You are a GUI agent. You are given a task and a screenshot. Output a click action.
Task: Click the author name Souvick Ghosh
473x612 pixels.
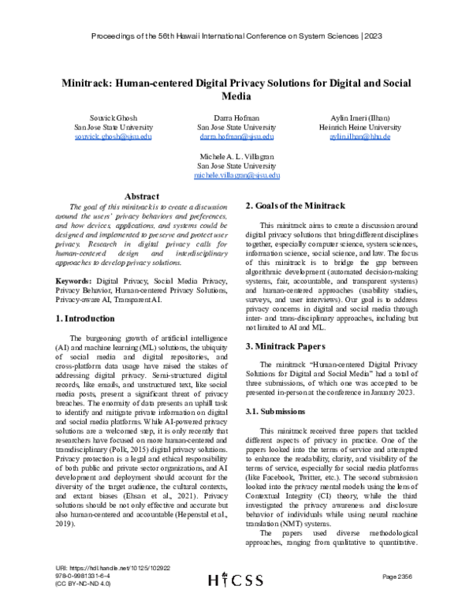pos(102,118)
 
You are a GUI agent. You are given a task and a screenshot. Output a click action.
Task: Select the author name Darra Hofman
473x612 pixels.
pos(236,118)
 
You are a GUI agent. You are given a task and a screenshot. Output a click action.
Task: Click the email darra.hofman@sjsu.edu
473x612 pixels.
pos(236,136)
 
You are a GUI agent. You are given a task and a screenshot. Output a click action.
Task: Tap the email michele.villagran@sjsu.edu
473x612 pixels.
pos(236,177)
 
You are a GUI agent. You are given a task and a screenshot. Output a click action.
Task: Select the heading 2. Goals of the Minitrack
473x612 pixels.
pos(296,205)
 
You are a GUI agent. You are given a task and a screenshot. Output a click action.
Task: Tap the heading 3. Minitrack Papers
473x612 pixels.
pos(287,345)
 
